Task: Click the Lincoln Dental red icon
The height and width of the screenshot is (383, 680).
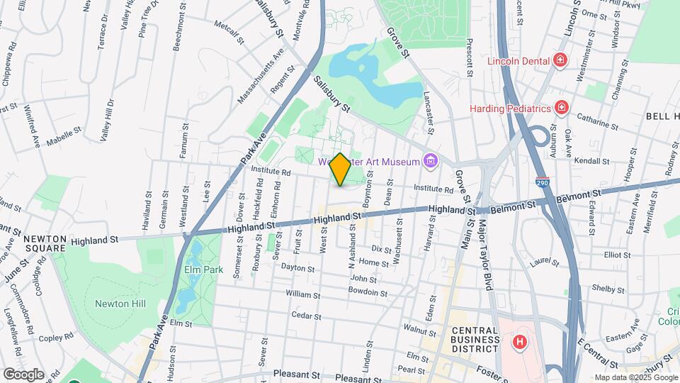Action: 560,61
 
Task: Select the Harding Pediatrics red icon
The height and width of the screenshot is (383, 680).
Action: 562,109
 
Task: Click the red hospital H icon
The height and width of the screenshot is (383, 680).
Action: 520,343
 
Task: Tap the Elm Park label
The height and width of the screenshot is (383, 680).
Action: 209,270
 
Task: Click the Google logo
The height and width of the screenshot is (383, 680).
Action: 23,374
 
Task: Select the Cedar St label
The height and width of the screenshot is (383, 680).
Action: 307,316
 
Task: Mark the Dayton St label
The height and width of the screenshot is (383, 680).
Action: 297,268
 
